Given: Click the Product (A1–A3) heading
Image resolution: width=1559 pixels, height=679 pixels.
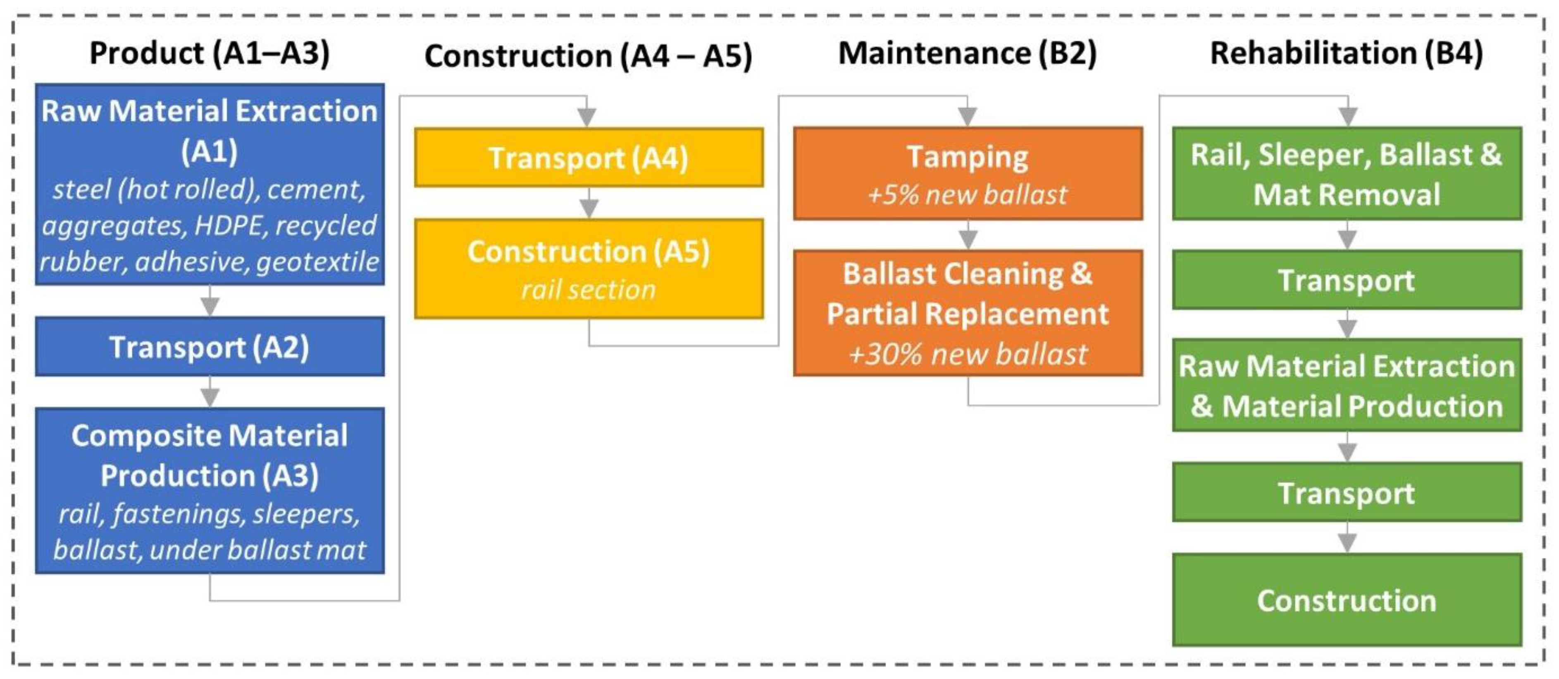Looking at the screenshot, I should pyautogui.click(x=210, y=53).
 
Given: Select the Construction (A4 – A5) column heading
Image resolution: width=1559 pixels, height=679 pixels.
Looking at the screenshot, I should pyautogui.click(x=588, y=56).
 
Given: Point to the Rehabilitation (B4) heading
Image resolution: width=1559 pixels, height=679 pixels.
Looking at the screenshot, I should pyautogui.click(x=1346, y=53).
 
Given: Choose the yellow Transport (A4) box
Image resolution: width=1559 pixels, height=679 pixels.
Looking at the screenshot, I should pyautogui.click(x=588, y=158).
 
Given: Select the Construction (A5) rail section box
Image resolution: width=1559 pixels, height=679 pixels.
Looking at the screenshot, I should pyautogui.click(x=588, y=269).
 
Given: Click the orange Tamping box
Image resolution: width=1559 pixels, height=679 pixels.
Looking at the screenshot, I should pyautogui.click(x=967, y=173).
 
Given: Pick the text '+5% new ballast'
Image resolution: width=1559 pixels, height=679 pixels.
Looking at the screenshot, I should pyautogui.click(x=967, y=195).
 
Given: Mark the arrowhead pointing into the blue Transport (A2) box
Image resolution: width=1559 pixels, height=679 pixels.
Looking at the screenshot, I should pyautogui.click(x=210, y=307).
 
